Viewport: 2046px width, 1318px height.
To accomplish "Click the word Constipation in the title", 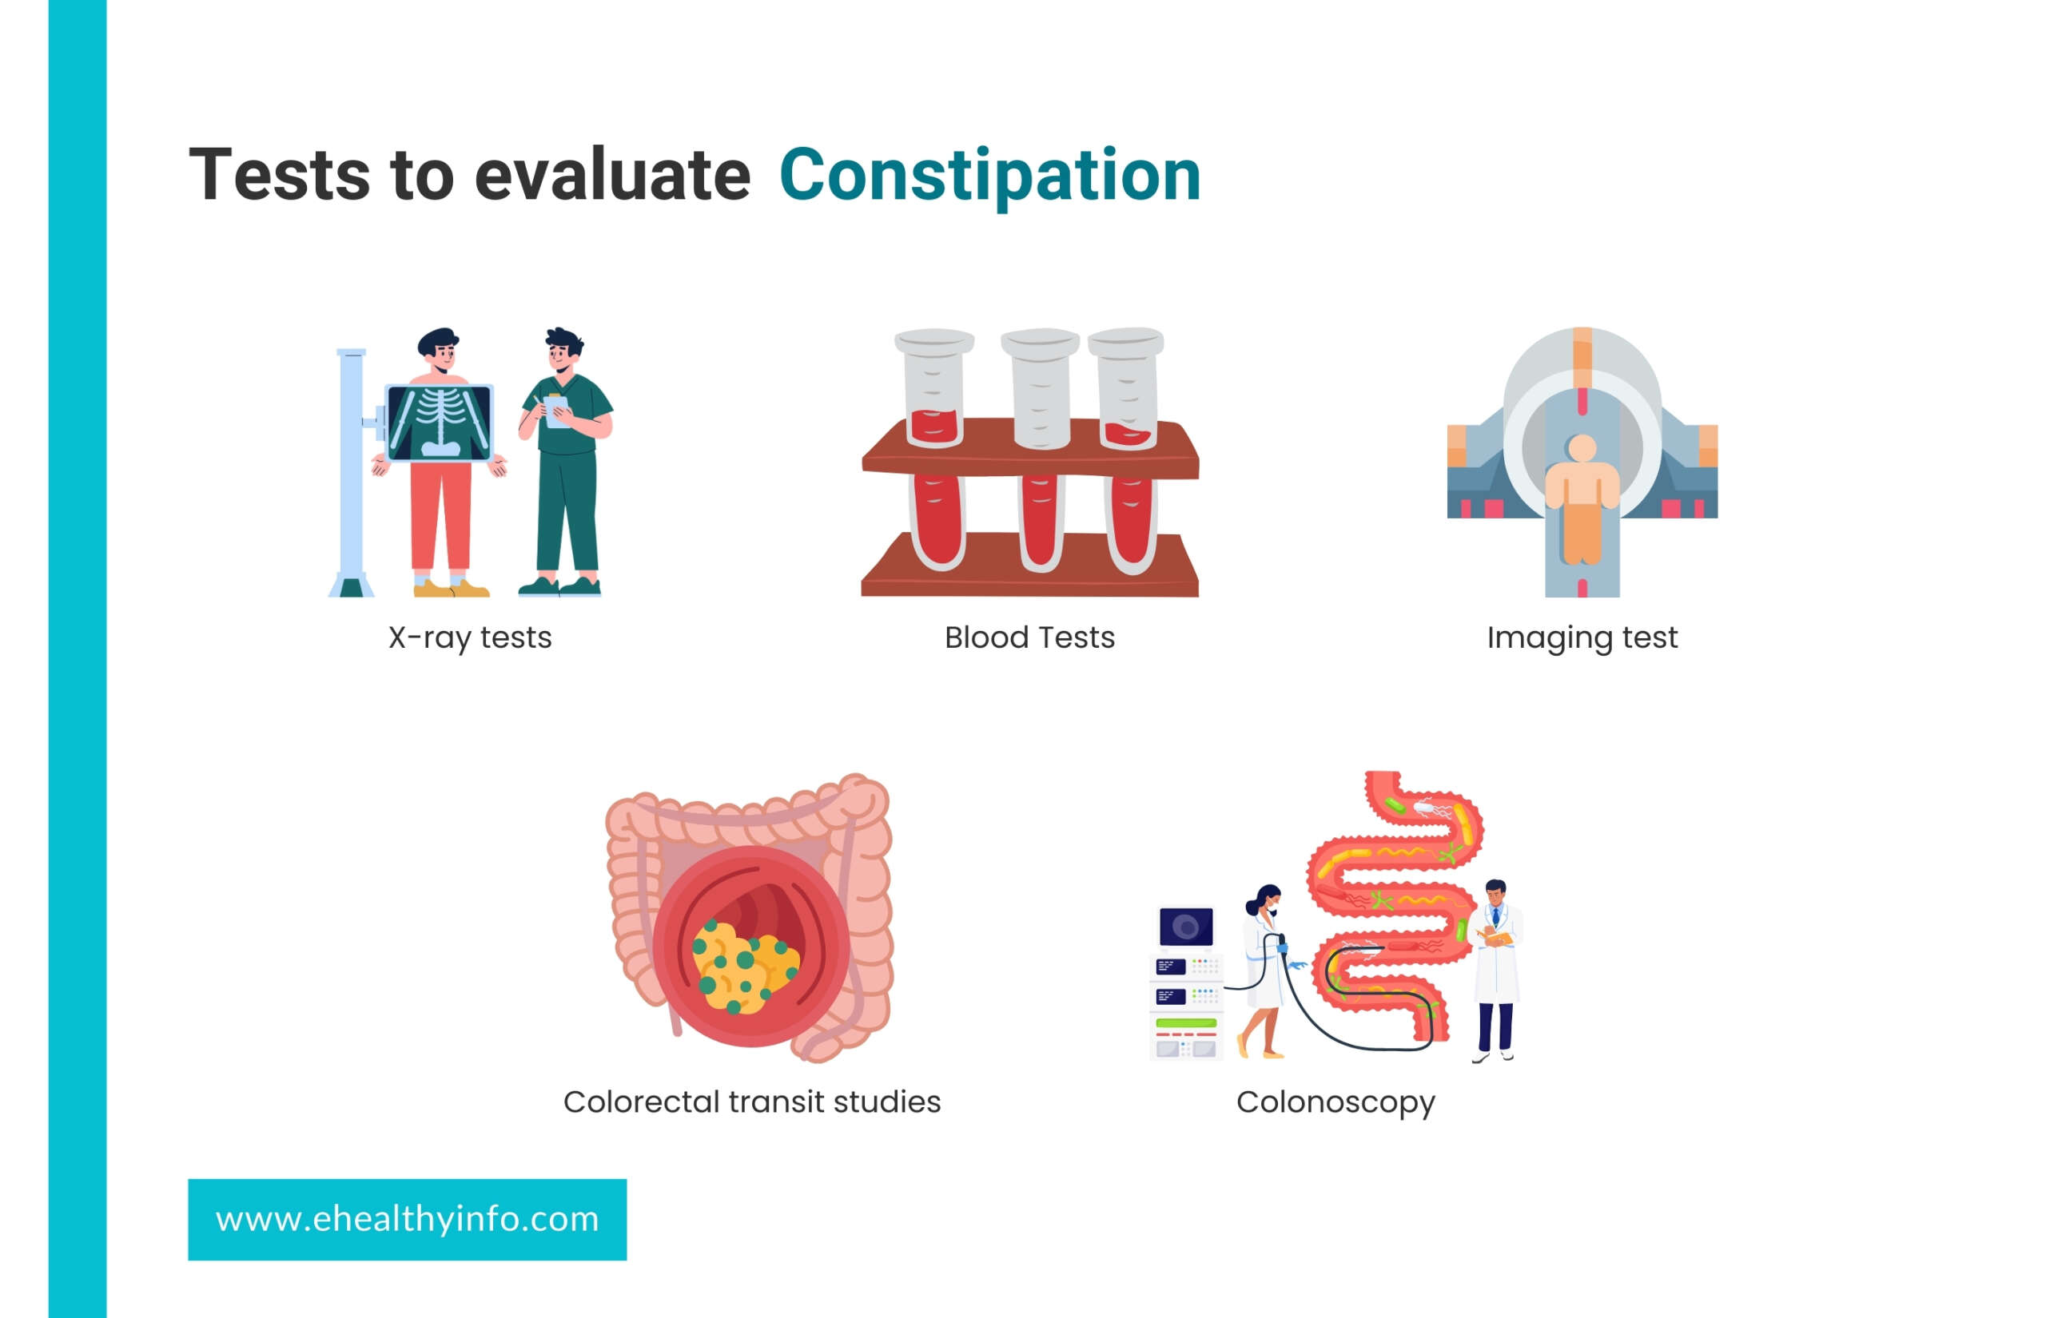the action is tap(989, 177).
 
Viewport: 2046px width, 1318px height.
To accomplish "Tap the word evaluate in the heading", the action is tap(612, 175).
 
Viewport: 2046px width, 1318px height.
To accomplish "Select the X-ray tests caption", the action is tap(470, 638).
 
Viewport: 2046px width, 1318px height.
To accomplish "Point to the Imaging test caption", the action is tap(1582, 638).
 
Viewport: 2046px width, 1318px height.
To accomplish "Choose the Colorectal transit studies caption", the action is tap(751, 1102).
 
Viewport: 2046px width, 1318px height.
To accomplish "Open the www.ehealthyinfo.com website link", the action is tap(408, 1220).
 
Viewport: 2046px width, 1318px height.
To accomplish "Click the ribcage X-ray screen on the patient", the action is tap(440, 423).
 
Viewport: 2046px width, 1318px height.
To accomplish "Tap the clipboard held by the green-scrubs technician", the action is tap(556, 411).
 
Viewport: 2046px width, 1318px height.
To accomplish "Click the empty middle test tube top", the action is tap(1040, 343).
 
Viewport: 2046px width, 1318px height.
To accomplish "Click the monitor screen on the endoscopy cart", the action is tap(1186, 926).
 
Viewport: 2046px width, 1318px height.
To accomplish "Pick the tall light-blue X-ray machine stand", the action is tap(351, 472).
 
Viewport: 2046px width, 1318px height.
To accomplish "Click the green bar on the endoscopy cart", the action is tap(1186, 1023).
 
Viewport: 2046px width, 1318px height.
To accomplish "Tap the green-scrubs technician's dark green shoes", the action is tap(560, 586).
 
